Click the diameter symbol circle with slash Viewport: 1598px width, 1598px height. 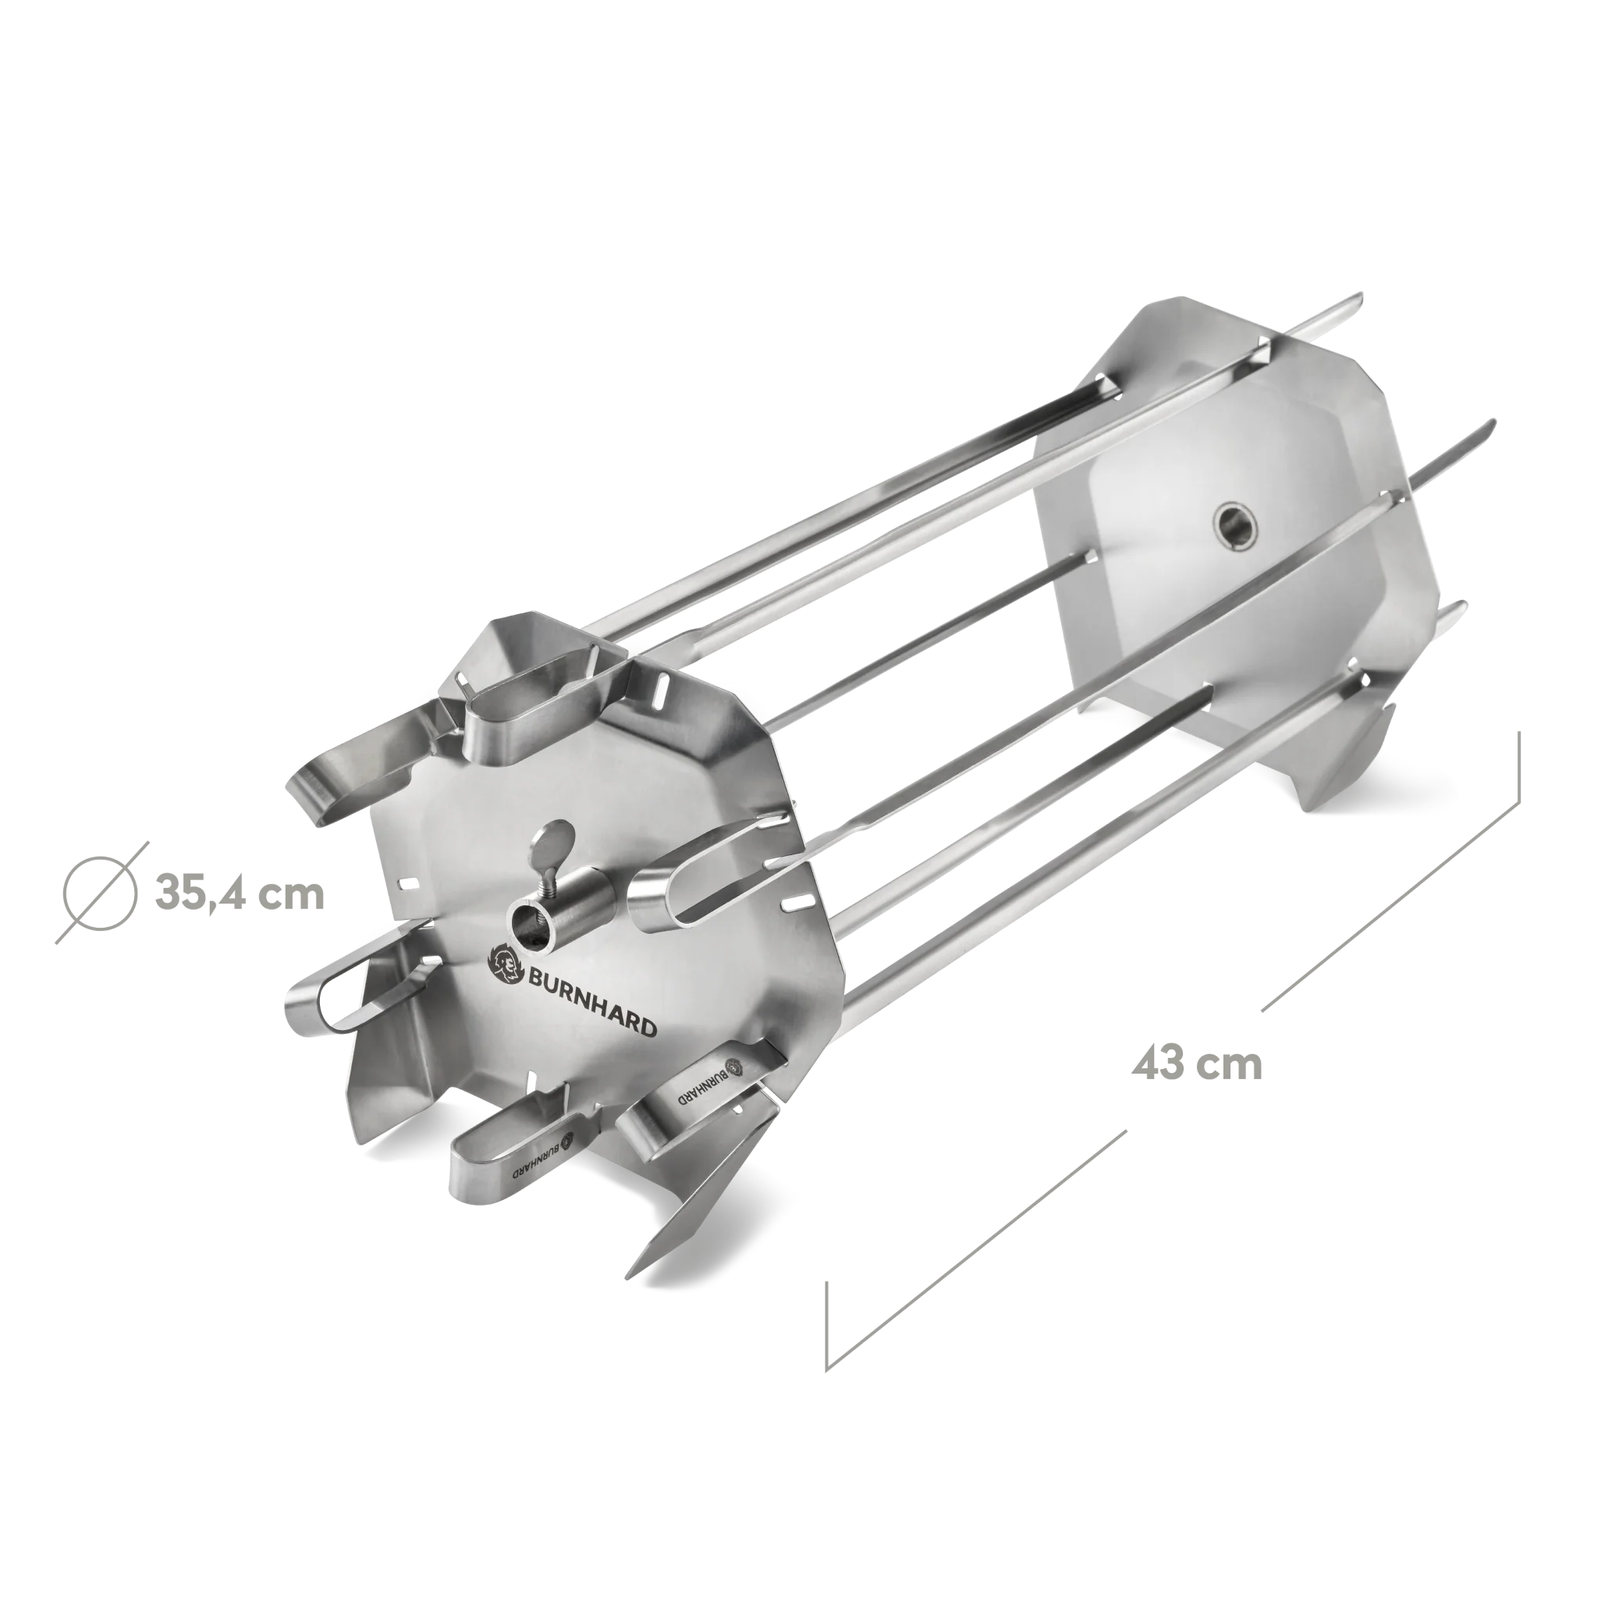coord(101,893)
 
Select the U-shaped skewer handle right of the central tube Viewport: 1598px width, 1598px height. coord(662,893)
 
